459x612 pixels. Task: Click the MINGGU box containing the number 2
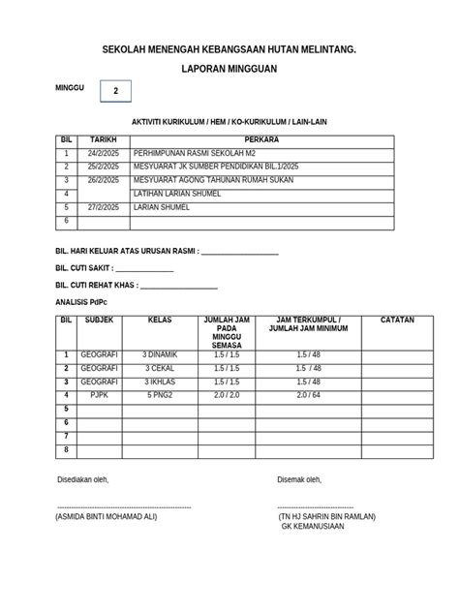[116, 91]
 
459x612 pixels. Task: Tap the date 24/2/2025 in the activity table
[101, 153]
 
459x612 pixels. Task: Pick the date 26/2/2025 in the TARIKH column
[101, 180]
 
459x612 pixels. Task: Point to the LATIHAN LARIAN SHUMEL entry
[177, 194]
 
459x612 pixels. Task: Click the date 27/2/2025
[101, 207]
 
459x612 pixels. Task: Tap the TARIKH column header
[103, 139]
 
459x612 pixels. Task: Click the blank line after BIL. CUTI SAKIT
[144, 268]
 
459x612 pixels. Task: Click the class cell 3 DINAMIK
[160, 355]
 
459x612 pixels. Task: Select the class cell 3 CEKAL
[160, 369]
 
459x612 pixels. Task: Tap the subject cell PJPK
[100, 396]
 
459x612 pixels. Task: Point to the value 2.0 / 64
[308, 396]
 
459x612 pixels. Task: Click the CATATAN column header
[396, 319]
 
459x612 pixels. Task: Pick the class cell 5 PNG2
[160, 396]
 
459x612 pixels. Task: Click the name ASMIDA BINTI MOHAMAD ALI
[107, 516]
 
